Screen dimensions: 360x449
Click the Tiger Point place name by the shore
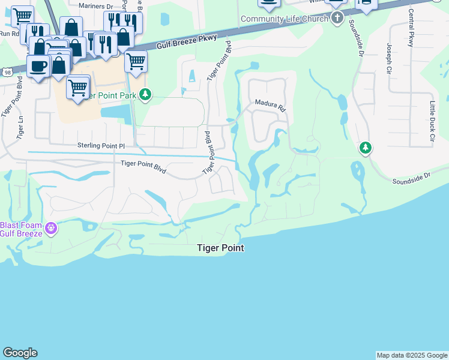[221, 248]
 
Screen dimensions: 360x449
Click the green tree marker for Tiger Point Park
[145, 94]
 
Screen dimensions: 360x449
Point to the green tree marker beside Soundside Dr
[365, 147]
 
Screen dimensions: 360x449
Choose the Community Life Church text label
[285, 19]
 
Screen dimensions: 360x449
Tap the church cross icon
[337, 18]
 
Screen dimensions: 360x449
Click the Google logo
[20, 353]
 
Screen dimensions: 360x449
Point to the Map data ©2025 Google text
[412, 355]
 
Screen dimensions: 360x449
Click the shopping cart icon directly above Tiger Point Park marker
[136, 61]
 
